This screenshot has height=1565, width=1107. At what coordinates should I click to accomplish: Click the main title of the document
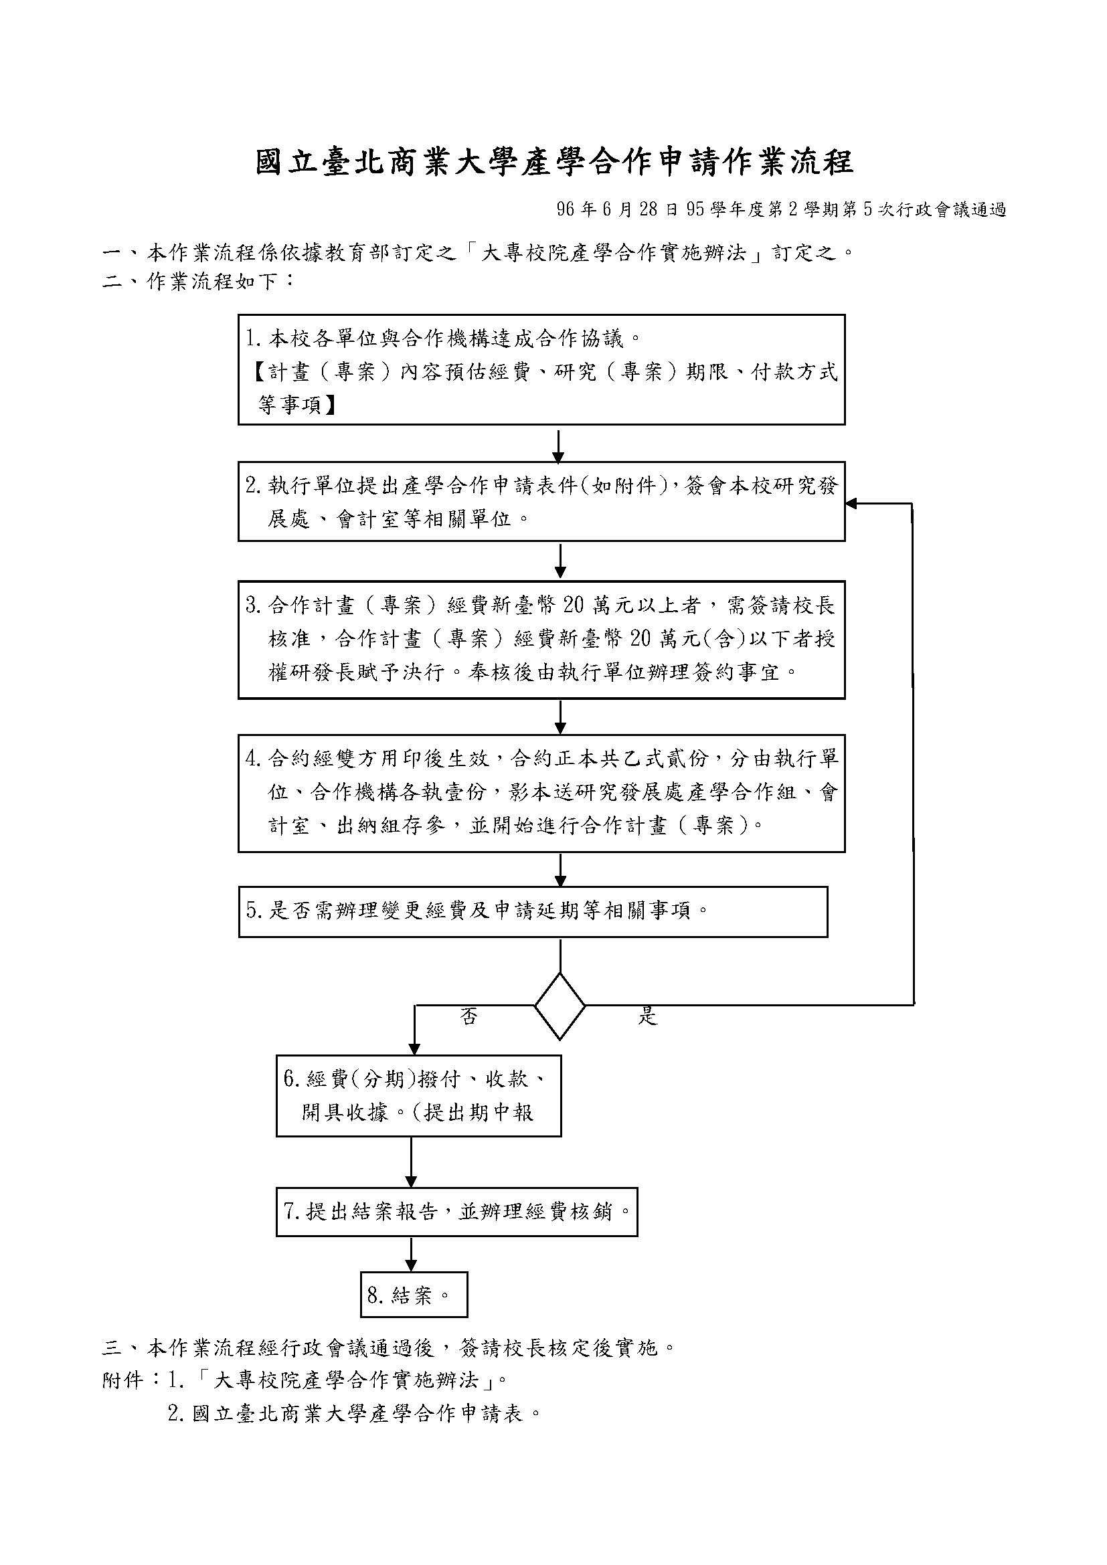pyautogui.click(x=554, y=163)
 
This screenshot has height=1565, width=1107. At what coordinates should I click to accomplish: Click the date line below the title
pyautogui.click(x=781, y=210)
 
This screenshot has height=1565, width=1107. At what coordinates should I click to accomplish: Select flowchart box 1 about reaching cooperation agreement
pyautogui.click(x=541, y=369)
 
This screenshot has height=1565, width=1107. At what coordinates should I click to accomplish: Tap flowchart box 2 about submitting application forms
pyautogui.click(x=541, y=502)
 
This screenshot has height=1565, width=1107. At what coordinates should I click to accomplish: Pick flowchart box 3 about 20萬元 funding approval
pyautogui.click(x=541, y=640)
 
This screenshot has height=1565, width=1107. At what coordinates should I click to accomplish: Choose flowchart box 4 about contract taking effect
pyautogui.click(x=541, y=794)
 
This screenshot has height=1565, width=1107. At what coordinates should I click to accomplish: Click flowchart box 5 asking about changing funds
pyautogui.click(x=533, y=912)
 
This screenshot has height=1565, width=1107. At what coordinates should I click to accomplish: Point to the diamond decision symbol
pyautogui.click(x=560, y=1006)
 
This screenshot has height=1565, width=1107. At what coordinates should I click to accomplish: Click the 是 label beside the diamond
pyautogui.click(x=647, y=1017)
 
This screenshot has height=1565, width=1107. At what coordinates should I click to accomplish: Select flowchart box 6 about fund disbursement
pyautogui.click(x=418, y=1096)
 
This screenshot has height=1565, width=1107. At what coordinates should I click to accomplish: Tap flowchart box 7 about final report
pyautogui.click(x=456, y=1212)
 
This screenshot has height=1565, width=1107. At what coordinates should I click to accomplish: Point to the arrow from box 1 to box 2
pyautogui.click(x=558, y=445)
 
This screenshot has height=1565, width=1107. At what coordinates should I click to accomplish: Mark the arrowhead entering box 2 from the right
pyautogui.click(x=851, y=504)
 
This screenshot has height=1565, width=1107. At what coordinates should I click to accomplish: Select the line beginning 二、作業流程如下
pyautogui.click(x=198, y=280)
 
